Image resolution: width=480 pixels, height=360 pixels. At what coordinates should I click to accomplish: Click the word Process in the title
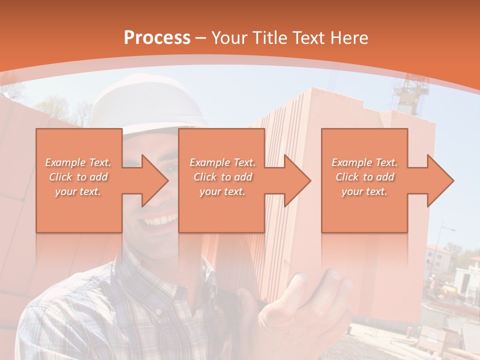[157, 37]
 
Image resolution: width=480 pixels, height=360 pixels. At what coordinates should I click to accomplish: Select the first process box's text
[78, 177]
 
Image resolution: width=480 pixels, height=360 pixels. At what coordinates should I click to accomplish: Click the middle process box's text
[222, 177]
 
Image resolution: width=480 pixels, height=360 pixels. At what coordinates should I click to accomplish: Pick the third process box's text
[364, 177]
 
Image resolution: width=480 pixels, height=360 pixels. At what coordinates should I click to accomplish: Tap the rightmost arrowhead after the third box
[439, 180]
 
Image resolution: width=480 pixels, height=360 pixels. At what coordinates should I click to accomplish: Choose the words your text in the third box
[364, 191]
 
